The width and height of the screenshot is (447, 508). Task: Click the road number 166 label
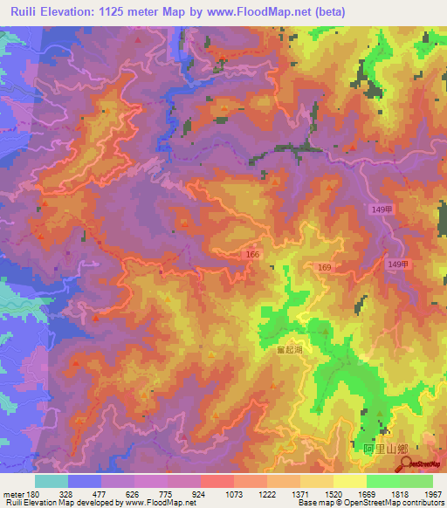pos(251,254)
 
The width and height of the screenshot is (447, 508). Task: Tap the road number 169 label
pos(324,267)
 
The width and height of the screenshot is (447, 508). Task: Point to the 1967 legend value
pos(432,493)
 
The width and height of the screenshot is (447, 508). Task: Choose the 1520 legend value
pos(333,493)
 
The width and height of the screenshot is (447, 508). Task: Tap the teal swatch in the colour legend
pos(52,481)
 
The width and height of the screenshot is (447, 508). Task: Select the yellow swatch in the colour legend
pos(349,481)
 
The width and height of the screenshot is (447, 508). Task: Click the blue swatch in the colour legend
pos(85,481)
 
